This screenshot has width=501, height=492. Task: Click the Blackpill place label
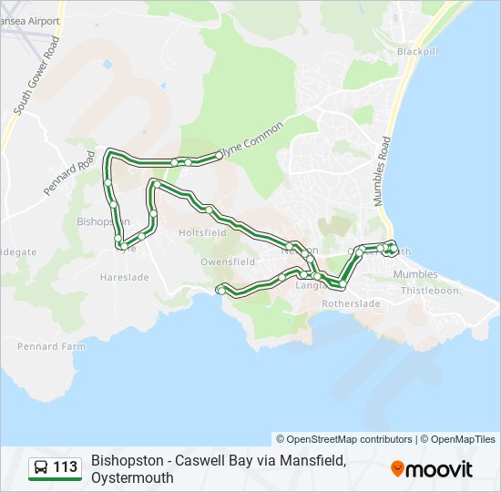(x=418, y=52)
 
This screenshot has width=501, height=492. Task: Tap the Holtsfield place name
(x=202, y=232)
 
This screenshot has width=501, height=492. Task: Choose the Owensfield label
(x=228, y=261)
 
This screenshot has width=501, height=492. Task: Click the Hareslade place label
(x=124, y=276)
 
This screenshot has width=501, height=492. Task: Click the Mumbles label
(x=415, y=274)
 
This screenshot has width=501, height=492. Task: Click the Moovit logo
(x=432, y=469)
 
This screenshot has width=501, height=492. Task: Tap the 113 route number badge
(x=66, y=467)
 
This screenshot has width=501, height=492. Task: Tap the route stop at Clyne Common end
(x=219, y=157)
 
